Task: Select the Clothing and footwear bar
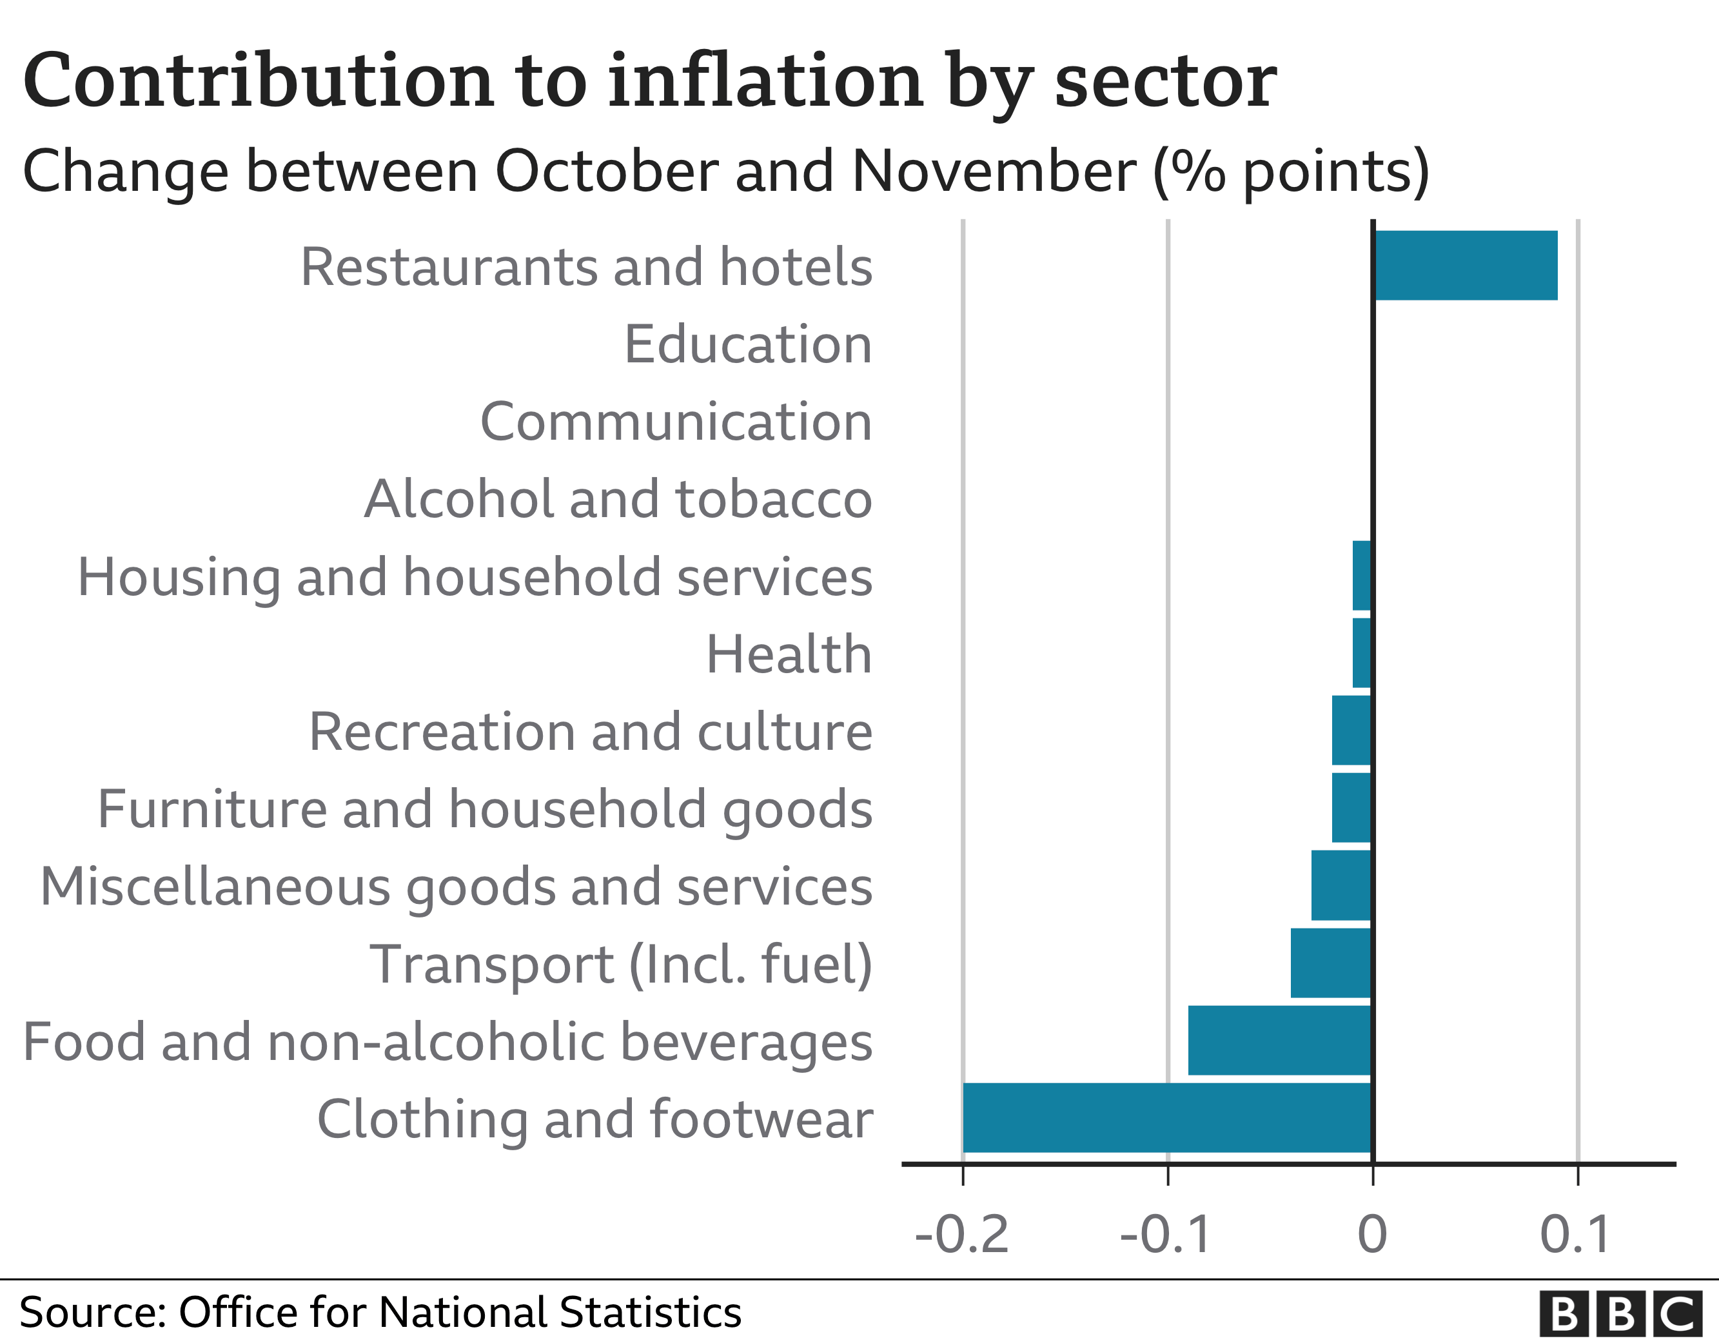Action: tap(1166, 1118)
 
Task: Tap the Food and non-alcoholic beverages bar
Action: tap(1279, 1040)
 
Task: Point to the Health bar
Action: tap(1362, 652)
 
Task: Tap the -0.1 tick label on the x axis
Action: tap(1166, 1235)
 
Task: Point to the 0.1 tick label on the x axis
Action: tap(1576, 1235)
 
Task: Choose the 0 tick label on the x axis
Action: tap(1373, 1235)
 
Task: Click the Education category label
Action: tap(748, 344)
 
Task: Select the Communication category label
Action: tap(676, 421)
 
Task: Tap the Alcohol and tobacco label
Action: tap(618, 499)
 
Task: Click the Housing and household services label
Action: tap(475, 576)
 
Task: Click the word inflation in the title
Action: tap(765, 81)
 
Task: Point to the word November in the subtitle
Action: tap(994, 171)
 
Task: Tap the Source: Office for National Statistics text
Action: tap(380, 1312)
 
